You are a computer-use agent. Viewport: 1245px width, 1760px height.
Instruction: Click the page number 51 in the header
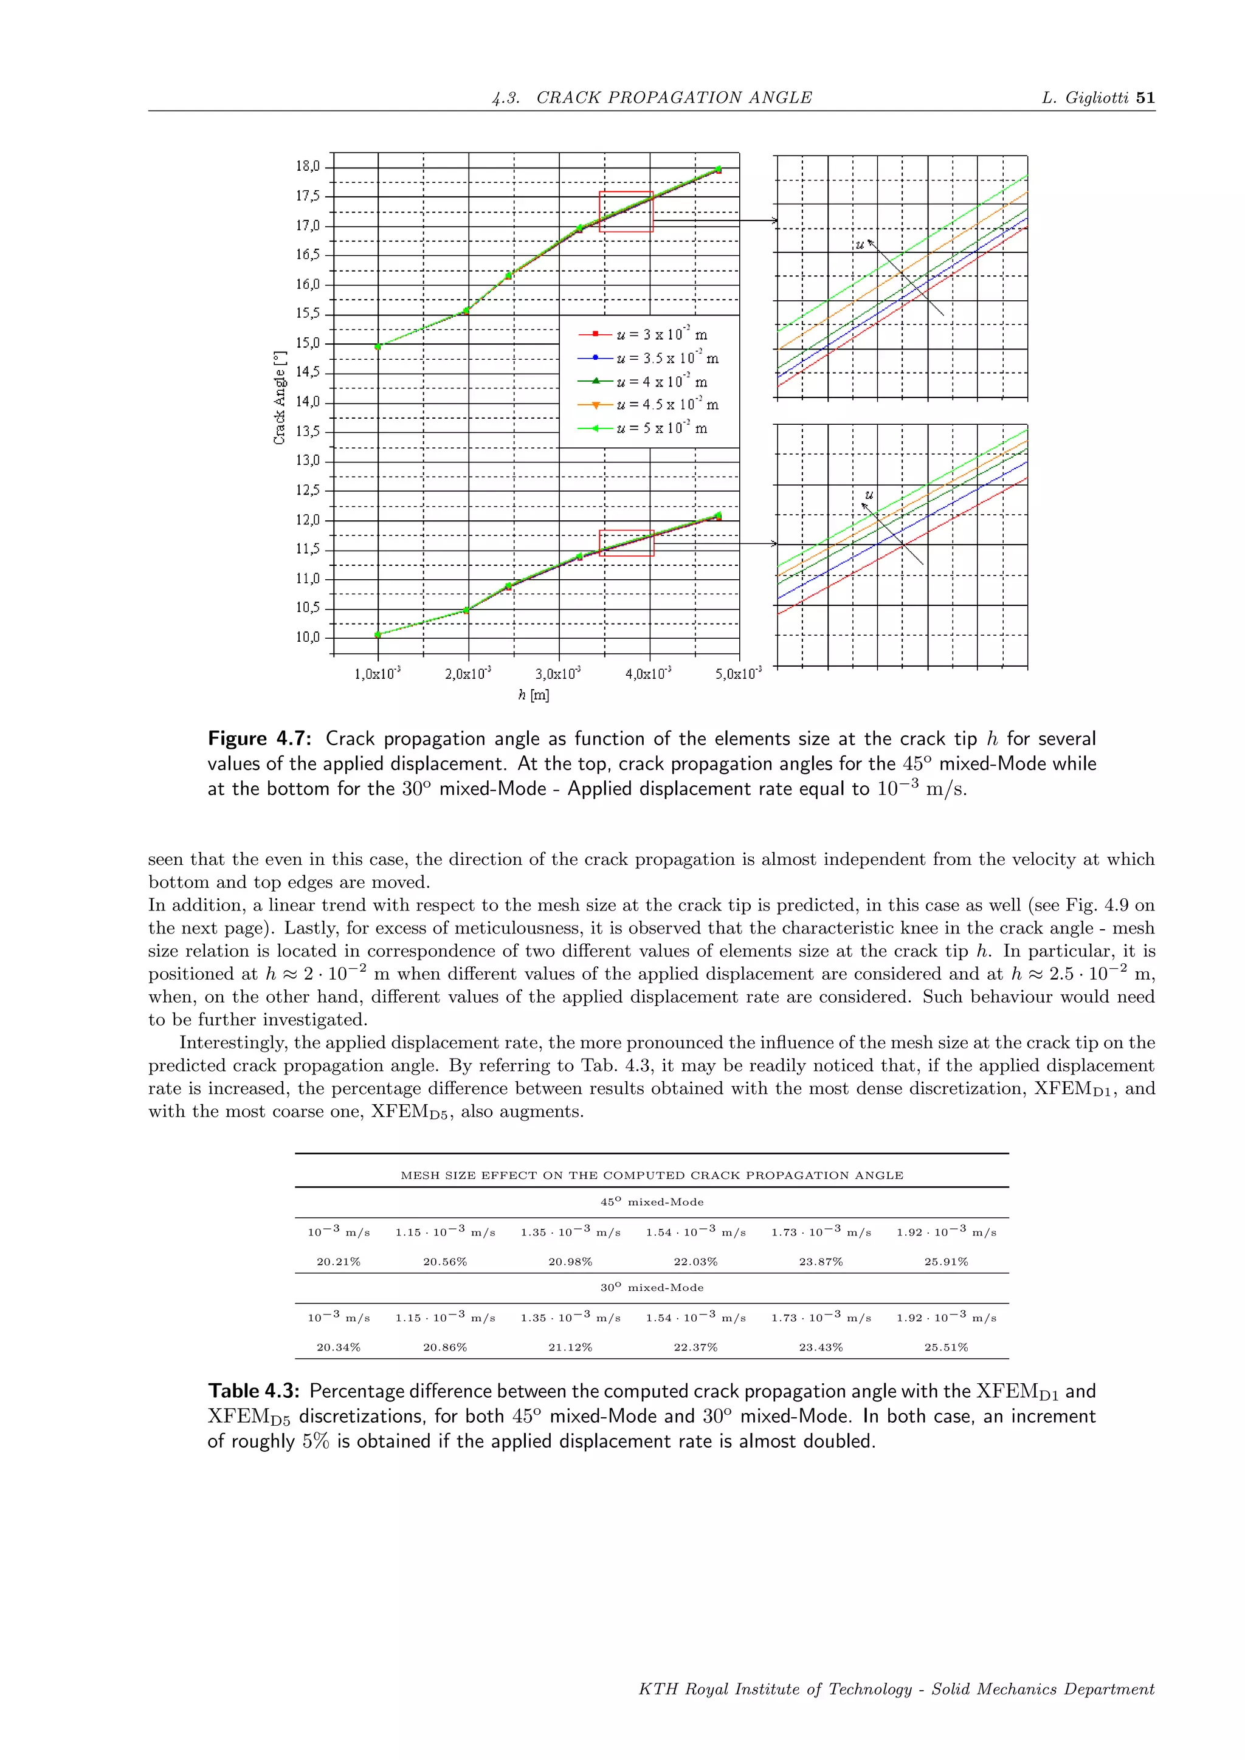pyautogui.click(x=1145, y=97)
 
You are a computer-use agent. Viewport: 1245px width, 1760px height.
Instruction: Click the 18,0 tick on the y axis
pyautogui.click(x=308, y=167)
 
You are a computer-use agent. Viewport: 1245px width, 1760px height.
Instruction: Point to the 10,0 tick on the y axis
pyautogui.click(x=308, y=637)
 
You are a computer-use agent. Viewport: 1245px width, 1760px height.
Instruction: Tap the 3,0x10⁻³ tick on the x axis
pyautogui.click(x=557, y=674)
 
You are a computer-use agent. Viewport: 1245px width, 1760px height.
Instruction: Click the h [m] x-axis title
pyautogui.click(x=534, y=695)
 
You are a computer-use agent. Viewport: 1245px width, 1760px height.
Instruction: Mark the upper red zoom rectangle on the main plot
pyautogui.click(x=626, y=211)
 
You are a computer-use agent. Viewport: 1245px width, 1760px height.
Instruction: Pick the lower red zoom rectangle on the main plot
pyautogui.click(x=626, y=543)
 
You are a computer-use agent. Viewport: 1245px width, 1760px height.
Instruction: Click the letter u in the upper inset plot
pyautogui.click(x=860, y=244)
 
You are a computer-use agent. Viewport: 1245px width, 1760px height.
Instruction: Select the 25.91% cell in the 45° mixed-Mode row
pyautogui.click(x=946, y=1261)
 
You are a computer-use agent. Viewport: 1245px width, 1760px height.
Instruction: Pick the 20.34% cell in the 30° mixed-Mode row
pyautogui.click(x=338, y=1347)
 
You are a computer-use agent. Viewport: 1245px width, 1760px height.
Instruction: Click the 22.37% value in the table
pyautogui.click(x=695, y=1347)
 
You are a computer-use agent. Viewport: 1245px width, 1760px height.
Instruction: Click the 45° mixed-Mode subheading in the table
pyautogui.click(x=652, y=1202)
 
